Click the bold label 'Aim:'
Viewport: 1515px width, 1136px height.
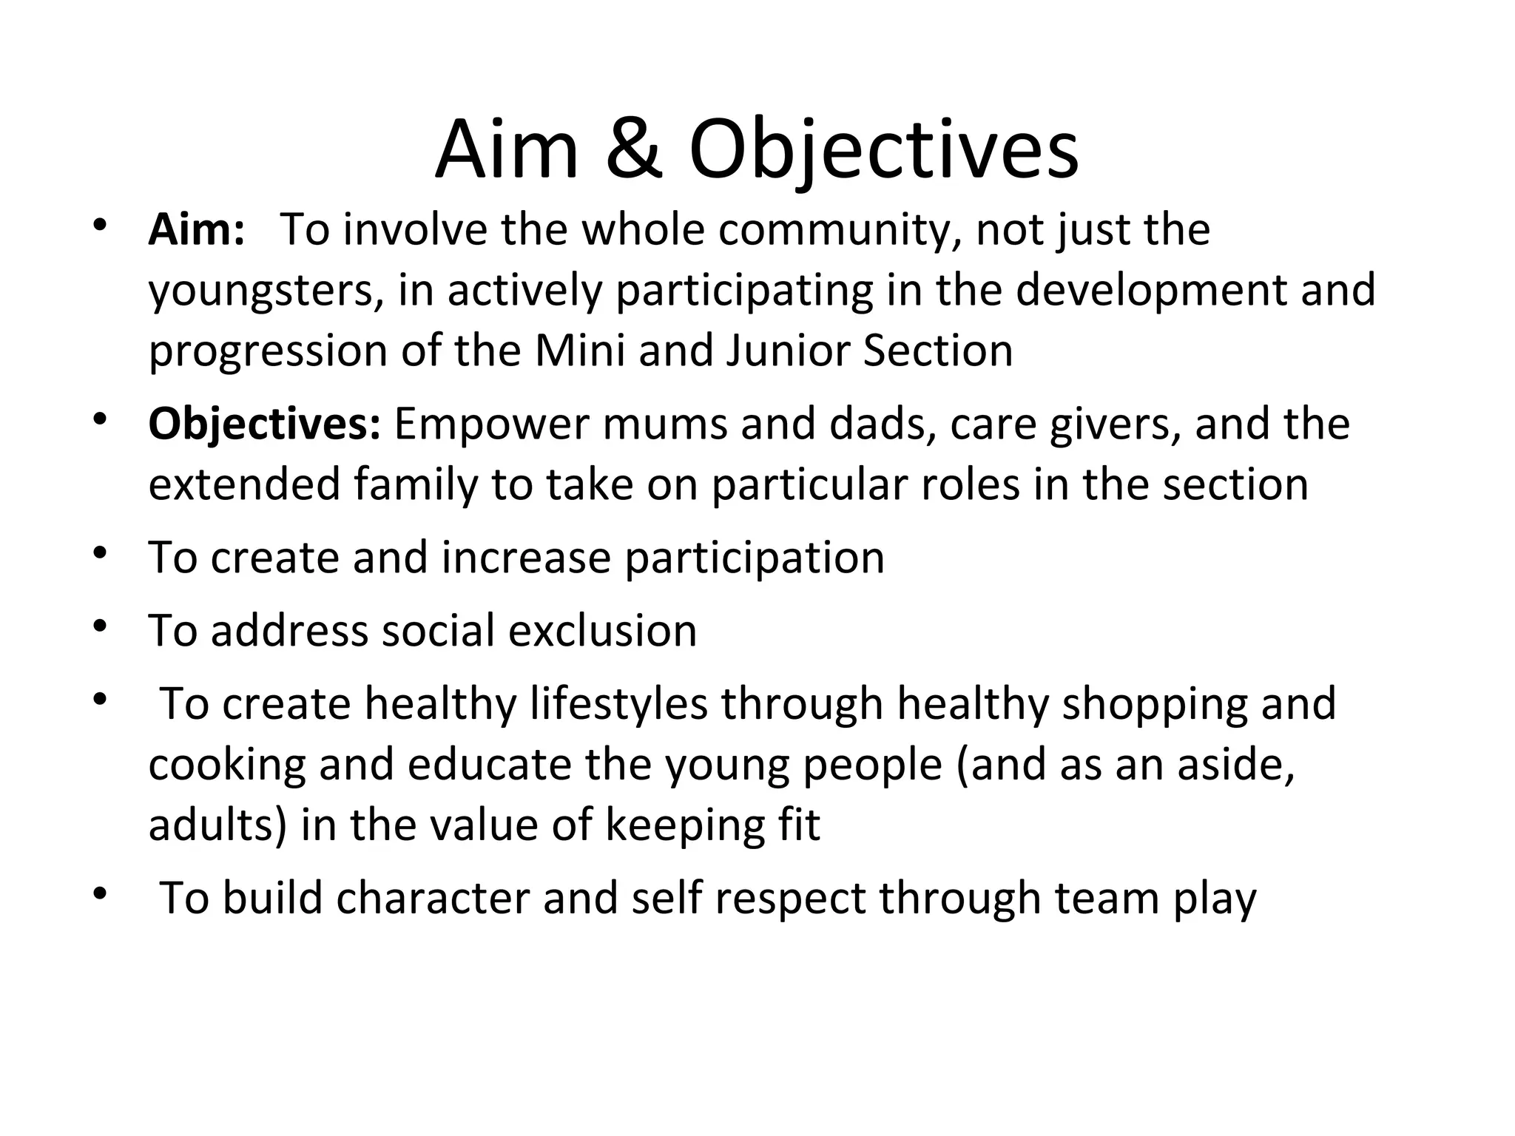point(196,230)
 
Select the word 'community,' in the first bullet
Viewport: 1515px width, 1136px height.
point(840,230)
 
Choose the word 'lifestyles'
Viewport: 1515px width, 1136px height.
point(618,703)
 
